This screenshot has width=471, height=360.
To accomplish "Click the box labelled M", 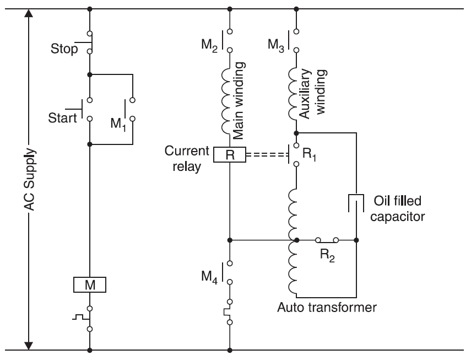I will point(89,284).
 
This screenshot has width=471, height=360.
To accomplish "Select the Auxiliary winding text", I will point(314,94).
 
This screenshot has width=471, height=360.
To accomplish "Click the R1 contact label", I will point(312,156).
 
